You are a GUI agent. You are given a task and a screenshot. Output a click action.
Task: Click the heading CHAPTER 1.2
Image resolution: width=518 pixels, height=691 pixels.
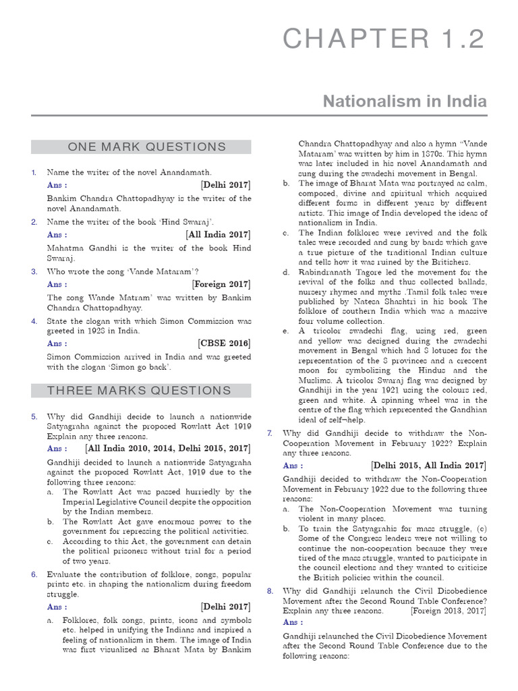pos(383,39)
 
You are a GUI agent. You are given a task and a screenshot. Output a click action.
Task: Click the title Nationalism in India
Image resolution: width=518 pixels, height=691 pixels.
pos(405,101)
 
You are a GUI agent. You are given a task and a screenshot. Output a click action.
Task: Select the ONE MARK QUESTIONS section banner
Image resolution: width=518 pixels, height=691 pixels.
pos(141,147)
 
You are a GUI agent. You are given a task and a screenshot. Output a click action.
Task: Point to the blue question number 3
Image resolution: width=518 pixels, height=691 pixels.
pos(34,271)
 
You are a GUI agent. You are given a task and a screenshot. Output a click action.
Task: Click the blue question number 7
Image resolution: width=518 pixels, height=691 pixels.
pos(270,433)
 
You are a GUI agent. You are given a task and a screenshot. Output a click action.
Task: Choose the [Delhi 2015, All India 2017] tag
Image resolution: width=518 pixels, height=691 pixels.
pos(428,466)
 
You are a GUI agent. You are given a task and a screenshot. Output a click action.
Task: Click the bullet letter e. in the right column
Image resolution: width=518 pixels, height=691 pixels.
pos(286,331)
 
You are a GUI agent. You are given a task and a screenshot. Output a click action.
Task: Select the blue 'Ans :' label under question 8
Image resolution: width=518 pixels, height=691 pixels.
pos(293,622)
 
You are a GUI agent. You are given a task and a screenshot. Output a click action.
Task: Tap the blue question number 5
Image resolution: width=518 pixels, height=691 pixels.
pos(34,417)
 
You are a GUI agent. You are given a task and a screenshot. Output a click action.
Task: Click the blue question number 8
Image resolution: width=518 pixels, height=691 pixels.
pos(270,590)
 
